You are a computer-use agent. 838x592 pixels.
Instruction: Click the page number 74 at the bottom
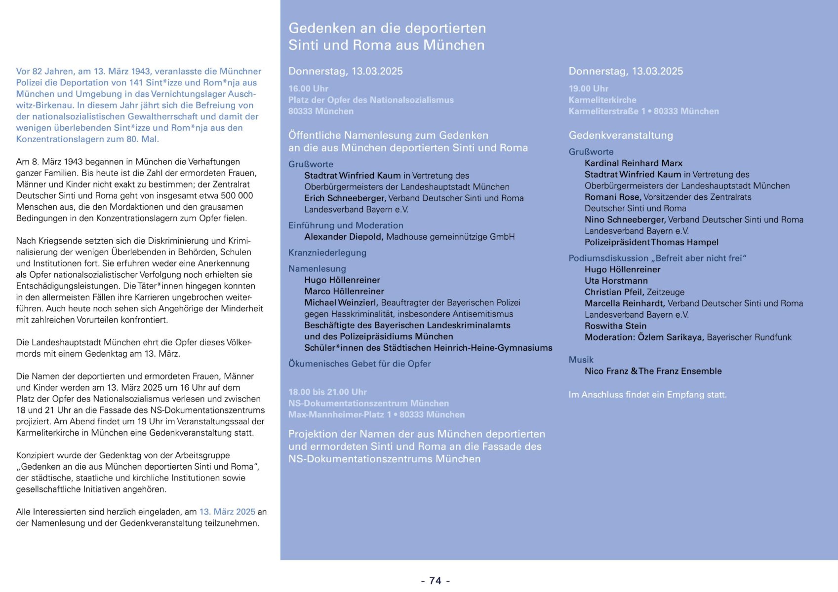pyautogui.click(x=435, y=581)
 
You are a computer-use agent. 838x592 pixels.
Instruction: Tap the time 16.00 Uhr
pyautogui.click(x=308, y=89)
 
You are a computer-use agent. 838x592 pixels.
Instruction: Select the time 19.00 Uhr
pyautogui.click(x=588, y=89)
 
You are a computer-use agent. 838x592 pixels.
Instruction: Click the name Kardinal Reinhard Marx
pyautogui.click(x=633, y=163)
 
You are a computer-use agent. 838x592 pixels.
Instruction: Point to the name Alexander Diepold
pyautogui.click(x=343, y=237)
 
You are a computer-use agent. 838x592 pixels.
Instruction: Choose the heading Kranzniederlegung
pyautogui.click(x=327, y=253)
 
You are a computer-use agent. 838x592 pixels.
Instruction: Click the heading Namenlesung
pyautogui.click(x=317, y=269)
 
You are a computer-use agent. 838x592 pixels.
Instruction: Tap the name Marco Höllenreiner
pyautogui.click(x=344, y=292)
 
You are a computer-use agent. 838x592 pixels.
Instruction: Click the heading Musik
pyautogui.click(x=581, y=360)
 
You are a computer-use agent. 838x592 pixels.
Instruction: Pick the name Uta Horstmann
pyautogui.click(x=616, y=281)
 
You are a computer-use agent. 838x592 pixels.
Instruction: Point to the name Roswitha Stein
pyautogui.click(x=615, y=326)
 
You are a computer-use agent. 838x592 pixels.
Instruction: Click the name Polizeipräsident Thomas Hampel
pyautogui.click(x=651, y=242)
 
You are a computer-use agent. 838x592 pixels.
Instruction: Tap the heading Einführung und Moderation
pyautogui.click(x=346, y=225)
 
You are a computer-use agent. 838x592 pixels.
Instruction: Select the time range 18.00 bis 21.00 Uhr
pyautogui.click(x=327, y=392)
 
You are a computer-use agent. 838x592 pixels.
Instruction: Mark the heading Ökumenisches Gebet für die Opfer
pyautogui.click(x=359, y=364)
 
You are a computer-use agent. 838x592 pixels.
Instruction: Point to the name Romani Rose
pyautogui.click(x=612, y=197)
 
